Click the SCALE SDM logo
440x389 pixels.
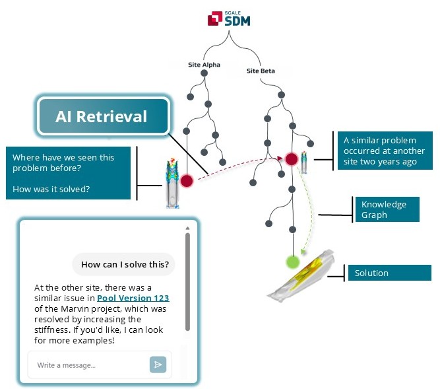point(229,18)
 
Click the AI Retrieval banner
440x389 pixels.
point(104,116)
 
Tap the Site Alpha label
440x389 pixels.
point(204,65)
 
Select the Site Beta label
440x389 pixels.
point(261,71)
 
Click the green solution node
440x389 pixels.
point(293,262)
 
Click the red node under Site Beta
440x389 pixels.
point(292,159)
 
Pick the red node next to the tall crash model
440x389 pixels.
point(187,180)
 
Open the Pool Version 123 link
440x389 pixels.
point(133,298)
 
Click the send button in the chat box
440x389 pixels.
point(158,365)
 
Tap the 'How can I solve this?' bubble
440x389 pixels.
point(124,264)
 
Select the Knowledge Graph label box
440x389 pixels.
point(387,209)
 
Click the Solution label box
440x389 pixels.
point(389,273)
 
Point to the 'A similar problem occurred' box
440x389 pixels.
point(385,151)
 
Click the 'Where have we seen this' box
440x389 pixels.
point(68,173)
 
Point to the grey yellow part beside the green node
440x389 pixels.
point(301,276)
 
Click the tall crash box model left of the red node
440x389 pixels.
point(173,184)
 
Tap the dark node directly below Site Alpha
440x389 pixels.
point(204,73)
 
